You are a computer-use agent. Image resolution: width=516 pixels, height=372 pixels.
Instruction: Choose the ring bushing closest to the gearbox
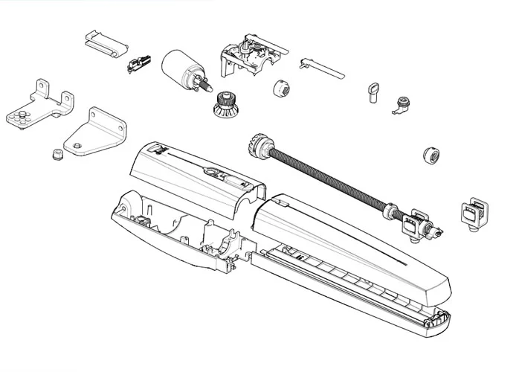[281, 86]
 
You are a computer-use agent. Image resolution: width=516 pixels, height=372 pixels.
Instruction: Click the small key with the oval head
[371, 92]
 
